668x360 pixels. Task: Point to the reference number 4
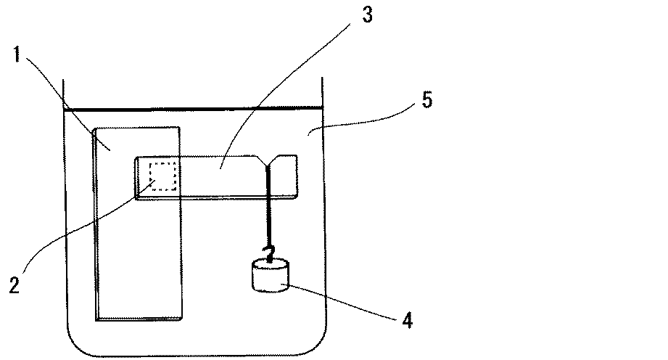point(408,319)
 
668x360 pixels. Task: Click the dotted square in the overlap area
point(163,177)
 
